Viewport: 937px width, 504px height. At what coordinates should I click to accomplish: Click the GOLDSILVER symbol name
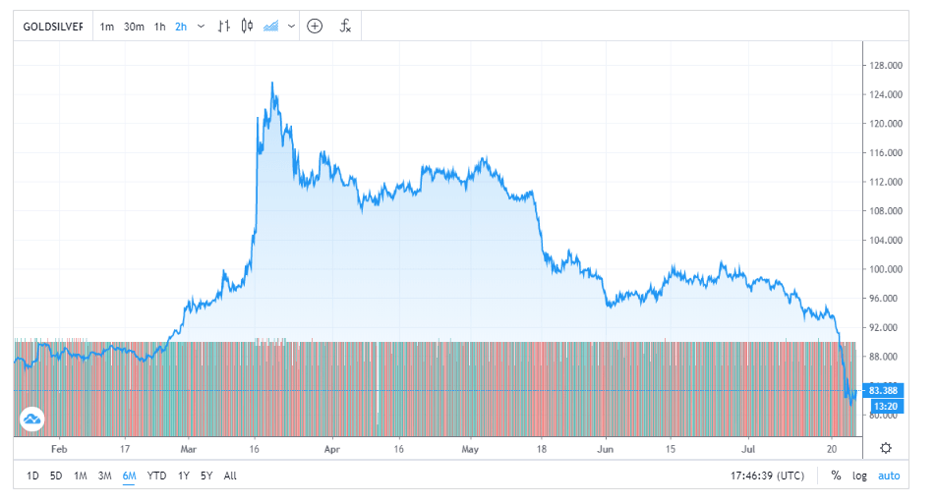(x=53, y=27)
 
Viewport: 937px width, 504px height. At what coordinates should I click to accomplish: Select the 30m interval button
(x=134, y=27)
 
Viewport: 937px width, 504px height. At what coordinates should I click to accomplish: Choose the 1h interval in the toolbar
(x=159, y=27)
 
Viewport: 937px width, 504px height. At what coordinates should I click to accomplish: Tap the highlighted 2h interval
(x=181, y=27)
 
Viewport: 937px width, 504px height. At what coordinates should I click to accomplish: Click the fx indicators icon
(x=345, y=27)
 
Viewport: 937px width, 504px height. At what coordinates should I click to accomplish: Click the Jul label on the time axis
(x=748, y=448)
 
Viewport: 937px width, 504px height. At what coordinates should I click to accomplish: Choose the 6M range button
(x=129, y=476)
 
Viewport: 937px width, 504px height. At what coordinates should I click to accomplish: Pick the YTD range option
(x=156, y=476)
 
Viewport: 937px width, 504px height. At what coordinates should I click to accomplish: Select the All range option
(x=230, y=476)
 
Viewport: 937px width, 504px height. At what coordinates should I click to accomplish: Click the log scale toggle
(x=859, y=476)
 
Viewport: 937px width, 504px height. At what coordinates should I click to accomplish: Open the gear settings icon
(x=886, y=448)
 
